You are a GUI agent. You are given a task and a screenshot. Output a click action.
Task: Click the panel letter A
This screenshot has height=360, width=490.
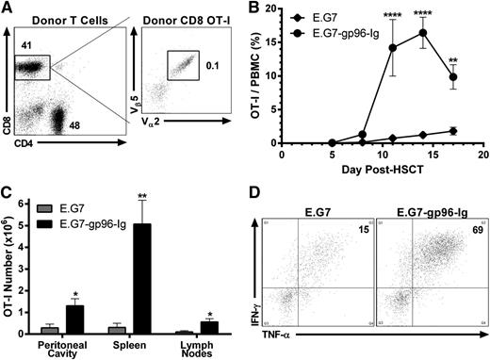coord(8,8)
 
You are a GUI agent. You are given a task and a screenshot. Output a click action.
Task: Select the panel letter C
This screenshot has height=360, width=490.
coord(8,187)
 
